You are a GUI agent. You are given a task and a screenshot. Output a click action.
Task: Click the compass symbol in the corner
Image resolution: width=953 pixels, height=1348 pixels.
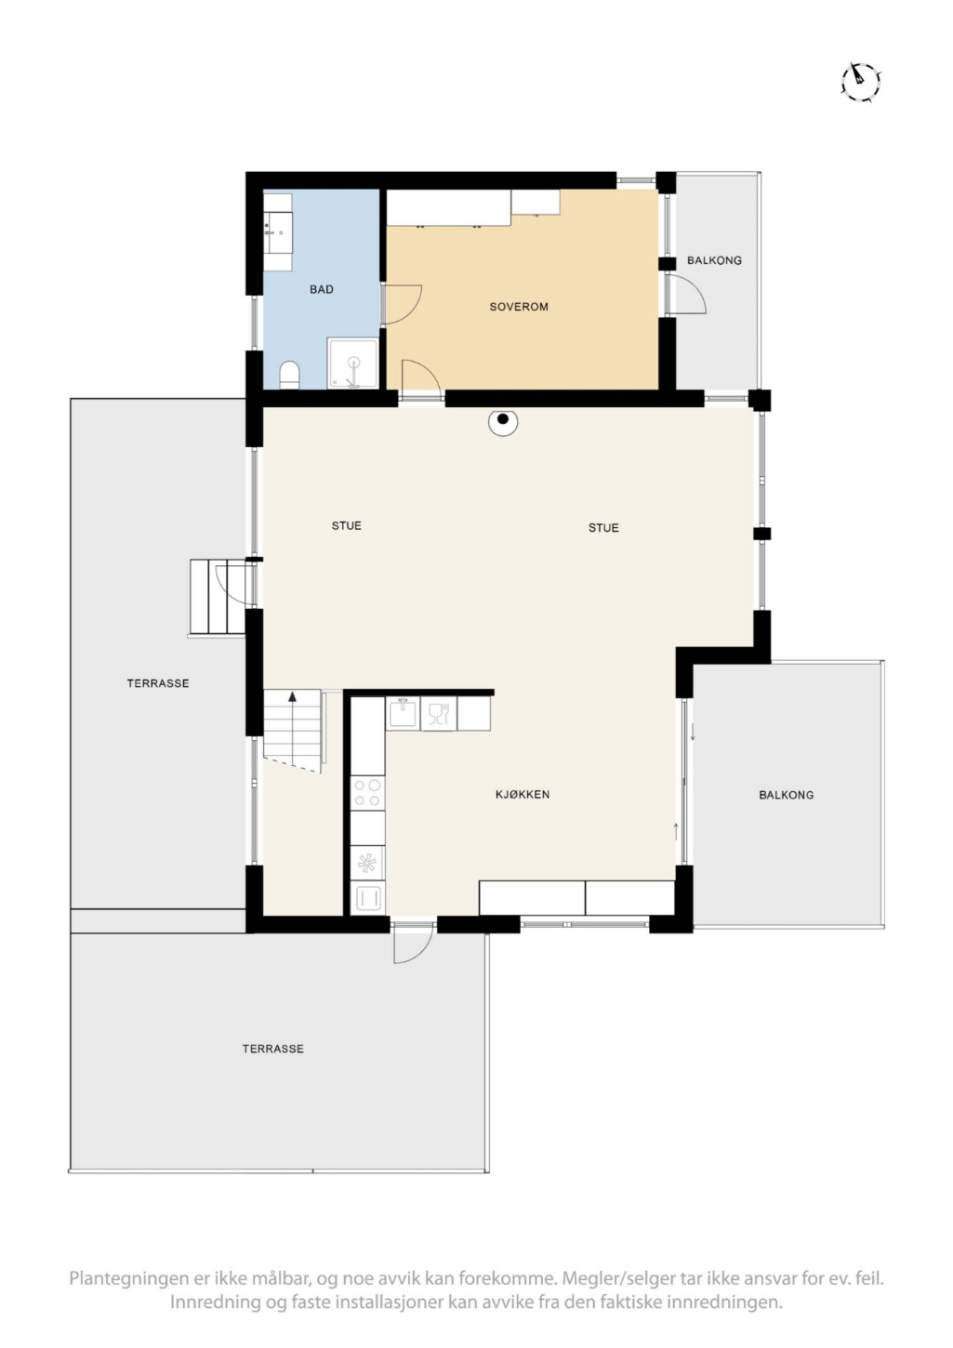point(860,80)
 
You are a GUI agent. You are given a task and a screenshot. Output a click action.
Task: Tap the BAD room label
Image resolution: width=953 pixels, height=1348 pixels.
point(322,289)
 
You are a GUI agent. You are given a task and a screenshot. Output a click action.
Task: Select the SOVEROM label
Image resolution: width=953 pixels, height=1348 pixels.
point(519,306)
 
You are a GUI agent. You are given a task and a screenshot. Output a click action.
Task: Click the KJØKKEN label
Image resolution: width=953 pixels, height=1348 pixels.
point(523,794)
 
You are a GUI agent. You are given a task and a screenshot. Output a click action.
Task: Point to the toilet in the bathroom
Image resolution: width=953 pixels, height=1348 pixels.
point(289,375)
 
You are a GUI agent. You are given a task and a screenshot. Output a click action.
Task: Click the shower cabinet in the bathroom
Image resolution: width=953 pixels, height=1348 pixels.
point(352,363)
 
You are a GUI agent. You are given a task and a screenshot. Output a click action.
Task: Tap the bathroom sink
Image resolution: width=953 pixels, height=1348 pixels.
point(278,231)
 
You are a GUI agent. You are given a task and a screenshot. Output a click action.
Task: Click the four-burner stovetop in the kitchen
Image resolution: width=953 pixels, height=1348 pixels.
point(367,793)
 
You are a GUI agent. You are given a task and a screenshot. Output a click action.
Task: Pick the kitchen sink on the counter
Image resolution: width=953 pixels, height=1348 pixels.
point(403,714)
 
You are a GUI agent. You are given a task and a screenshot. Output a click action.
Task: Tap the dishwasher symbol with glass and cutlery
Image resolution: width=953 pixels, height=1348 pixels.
point(438,714)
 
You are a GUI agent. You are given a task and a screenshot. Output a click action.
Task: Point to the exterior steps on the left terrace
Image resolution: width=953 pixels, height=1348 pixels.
point(218,596)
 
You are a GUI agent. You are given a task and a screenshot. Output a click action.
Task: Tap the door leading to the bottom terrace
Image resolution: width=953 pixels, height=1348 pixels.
point(413,943)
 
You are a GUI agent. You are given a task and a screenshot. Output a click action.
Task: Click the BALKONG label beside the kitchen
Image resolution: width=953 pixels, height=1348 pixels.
point(787,795)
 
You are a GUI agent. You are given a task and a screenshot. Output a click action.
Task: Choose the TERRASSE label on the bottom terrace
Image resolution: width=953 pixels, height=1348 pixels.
point(272,1049)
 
